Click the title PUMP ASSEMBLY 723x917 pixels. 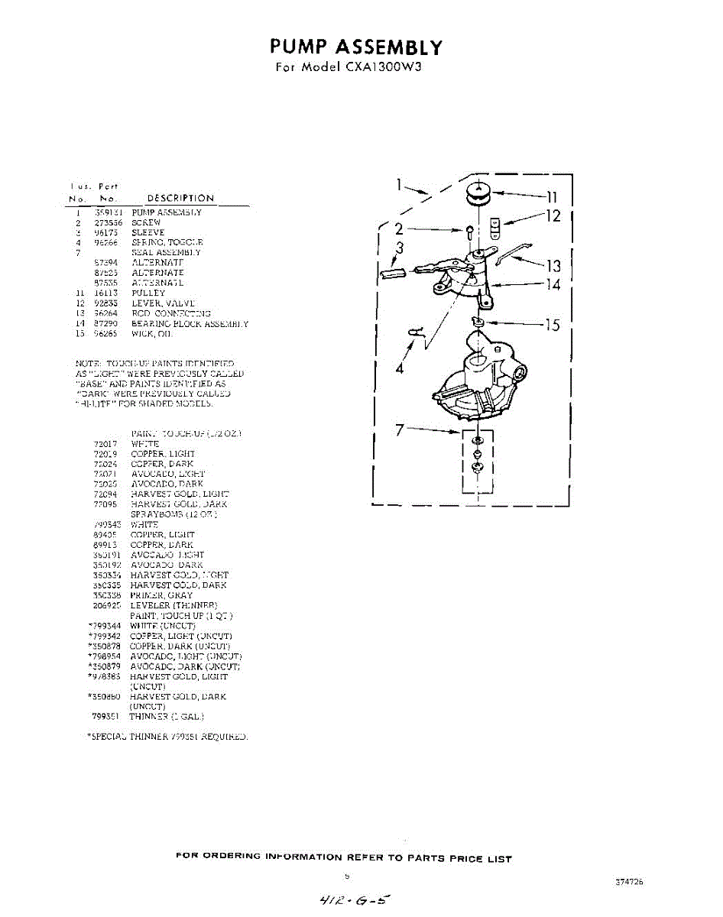click(356, 47)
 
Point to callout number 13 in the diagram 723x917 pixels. click(553, 266)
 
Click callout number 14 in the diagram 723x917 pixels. click(552, 285)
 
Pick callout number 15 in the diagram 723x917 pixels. click(552, 326)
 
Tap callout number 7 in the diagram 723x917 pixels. click(399, 430)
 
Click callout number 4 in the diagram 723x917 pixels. click(399, 368)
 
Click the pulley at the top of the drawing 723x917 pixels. click(479, 195)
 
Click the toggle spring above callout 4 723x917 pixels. click(417, 332)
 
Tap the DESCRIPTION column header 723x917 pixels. click(180, 199)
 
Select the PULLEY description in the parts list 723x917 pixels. click(148, 293)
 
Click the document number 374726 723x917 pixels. click(628, 881)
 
